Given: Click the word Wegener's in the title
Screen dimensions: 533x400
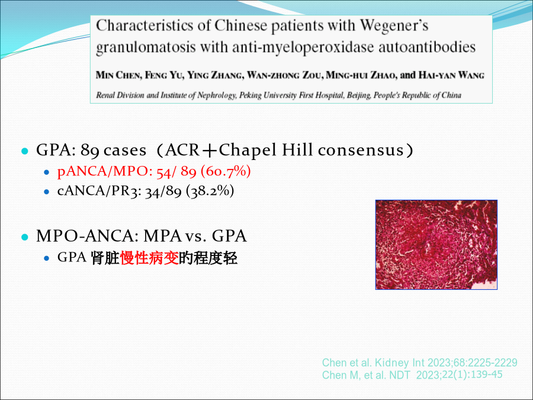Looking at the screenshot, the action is [394, 25].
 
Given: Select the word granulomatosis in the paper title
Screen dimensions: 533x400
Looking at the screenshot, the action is [146, 47].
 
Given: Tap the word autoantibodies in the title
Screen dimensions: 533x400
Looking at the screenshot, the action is [427, 47].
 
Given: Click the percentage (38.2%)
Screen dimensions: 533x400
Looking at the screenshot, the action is [210, 191].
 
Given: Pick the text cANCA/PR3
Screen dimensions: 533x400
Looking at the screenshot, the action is [98, 191].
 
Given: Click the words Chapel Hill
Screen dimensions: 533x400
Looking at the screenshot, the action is [265, 150].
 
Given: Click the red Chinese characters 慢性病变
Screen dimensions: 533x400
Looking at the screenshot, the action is [149, 258].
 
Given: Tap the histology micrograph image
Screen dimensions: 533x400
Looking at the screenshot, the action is [436, 245].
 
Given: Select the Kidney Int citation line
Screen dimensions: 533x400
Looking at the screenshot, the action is [420, 363].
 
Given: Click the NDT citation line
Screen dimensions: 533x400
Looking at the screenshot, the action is [412, 375].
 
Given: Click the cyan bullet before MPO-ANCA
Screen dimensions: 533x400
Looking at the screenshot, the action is [24, 237].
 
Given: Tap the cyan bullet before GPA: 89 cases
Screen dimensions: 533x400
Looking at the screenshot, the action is [24, 151].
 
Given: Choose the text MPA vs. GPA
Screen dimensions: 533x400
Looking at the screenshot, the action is [195, 236].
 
